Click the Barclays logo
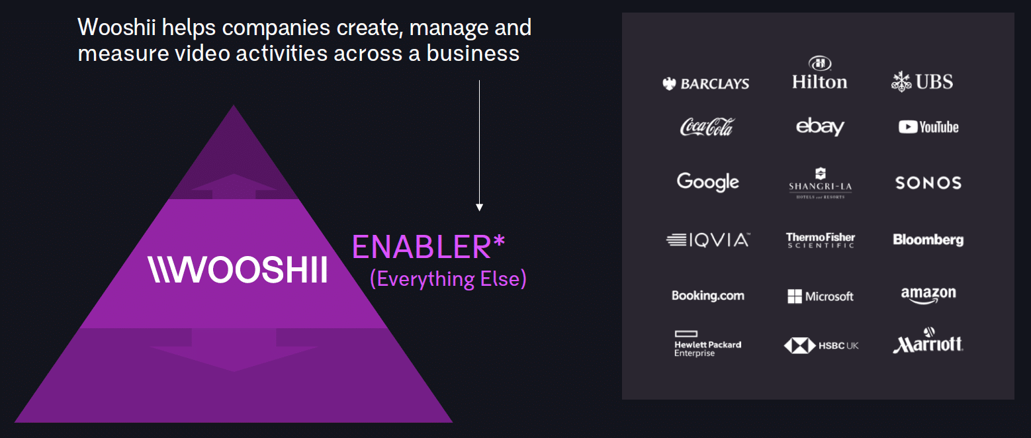coord(705,84)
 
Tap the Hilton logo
coord(820,73)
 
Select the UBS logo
coord(922,82)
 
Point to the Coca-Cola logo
coord(707,127)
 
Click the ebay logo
coord(820,126)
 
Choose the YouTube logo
coord(928,127)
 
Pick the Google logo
coord(708,182)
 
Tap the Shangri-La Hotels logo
coord(820,183)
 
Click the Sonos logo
coord(928,183)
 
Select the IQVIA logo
coord(708,240)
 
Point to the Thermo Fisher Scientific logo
coord(820,240)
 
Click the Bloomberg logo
coord(928,240)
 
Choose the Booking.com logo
coord(708,296)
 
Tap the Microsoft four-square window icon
coord(794,297)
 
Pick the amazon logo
coord(928,295)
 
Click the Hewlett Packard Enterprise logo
coord(708,343)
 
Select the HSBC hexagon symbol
coord(799,345)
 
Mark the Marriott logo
coord(928,341)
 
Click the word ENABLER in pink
coord(422,247)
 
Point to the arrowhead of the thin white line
coord(480,208)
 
